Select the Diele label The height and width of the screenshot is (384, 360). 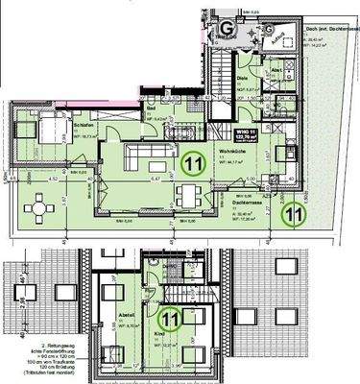pos(242,79)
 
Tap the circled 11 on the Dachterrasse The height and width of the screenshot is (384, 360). pos(289,214)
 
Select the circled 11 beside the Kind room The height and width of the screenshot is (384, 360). pos(171,315)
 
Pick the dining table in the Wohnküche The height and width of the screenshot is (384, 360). pos(192,197)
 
